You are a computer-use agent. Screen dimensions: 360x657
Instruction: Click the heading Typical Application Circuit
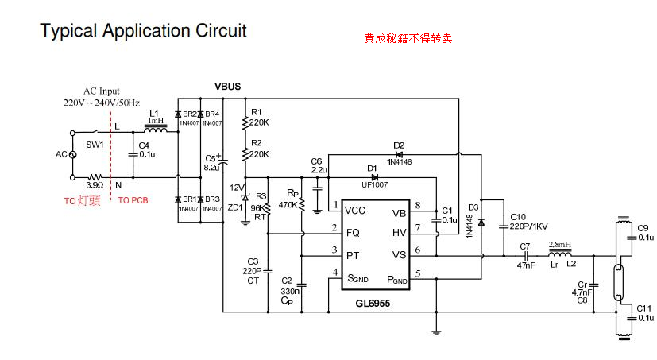(143, 31)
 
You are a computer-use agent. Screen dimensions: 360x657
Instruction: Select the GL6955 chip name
(373, 304)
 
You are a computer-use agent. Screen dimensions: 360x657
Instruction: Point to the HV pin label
(400, 232)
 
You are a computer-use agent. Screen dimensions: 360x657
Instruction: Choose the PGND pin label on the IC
(397, 279)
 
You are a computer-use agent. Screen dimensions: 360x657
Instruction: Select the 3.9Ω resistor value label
(95, 184)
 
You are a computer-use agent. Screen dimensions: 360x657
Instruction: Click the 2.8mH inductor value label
(559, 244)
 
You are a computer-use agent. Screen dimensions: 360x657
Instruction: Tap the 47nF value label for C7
(526, 265)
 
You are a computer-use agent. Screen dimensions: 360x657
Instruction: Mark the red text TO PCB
(132, 201)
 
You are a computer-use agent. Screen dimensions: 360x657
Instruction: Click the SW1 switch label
(95, 146)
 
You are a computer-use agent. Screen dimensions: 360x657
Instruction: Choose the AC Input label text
(102, 91)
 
